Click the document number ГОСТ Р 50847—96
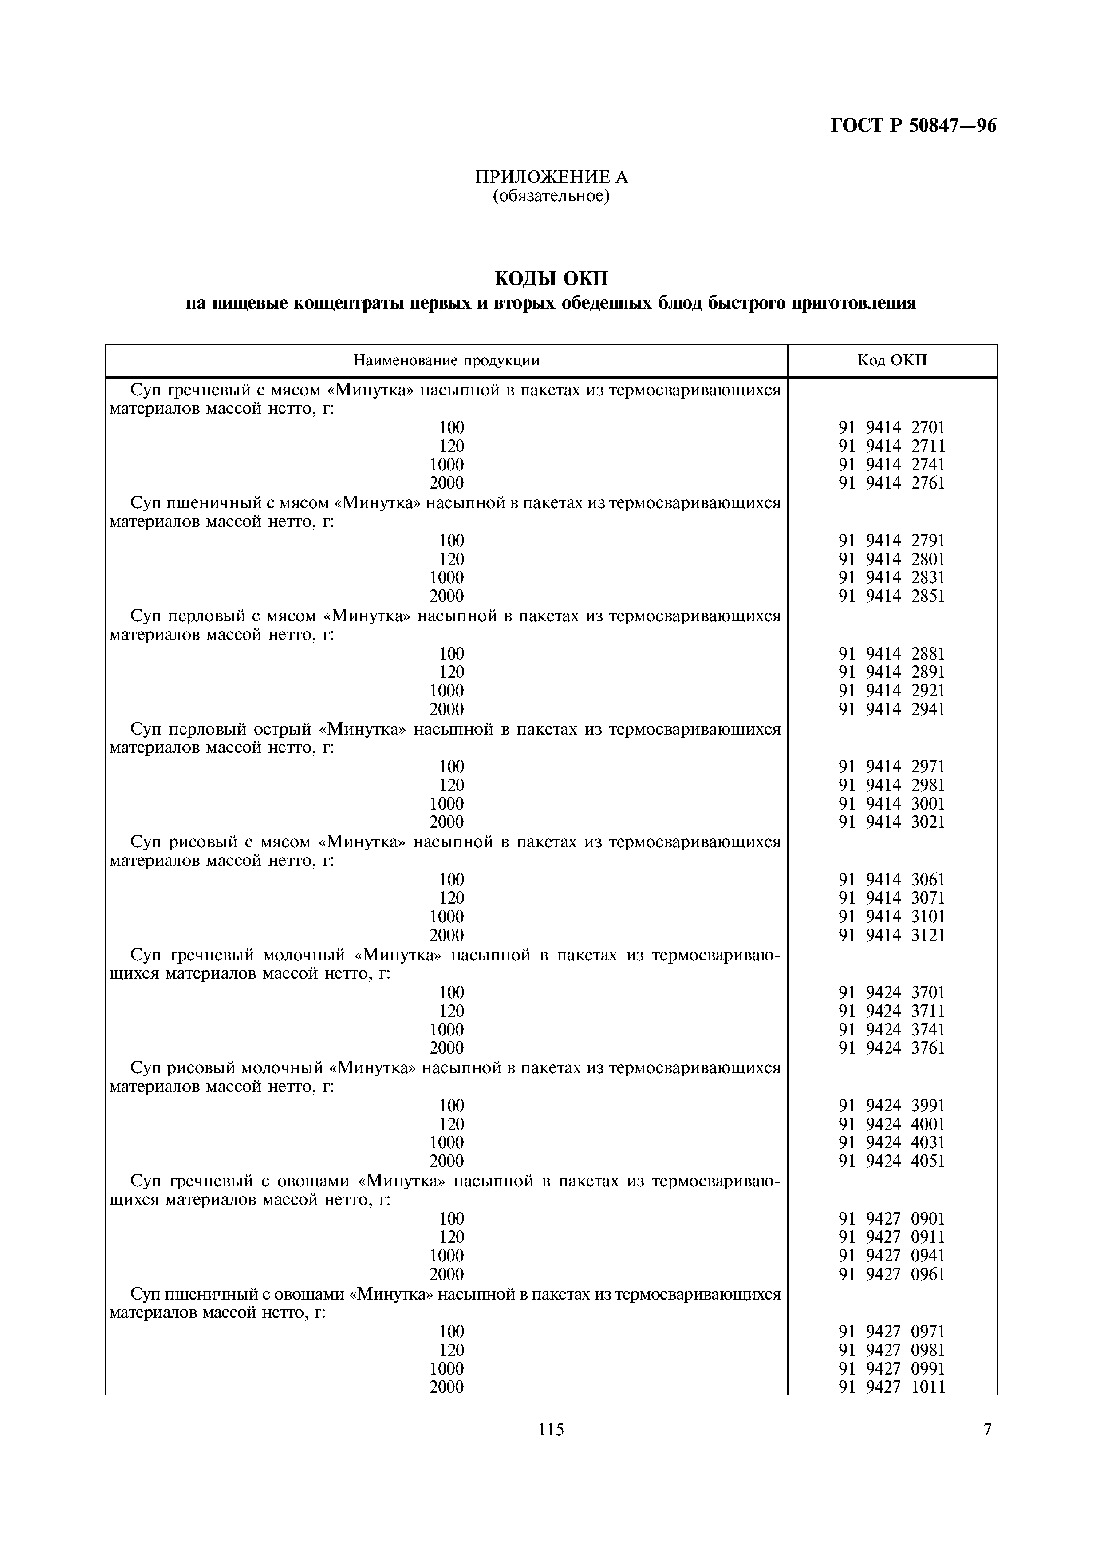[x=913, y=126]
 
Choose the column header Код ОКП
[x=891, y=361]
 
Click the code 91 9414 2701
[x=891, y=428]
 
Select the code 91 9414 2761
[x=891, y=483]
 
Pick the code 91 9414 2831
[x=891, y=578]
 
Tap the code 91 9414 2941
[x=891, y=709]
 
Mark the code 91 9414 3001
[x=891, y=804]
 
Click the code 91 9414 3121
[x=891, y=935]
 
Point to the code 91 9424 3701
[x=891, y=993]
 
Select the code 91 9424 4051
[x=891, y=1161]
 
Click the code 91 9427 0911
[x=891, y=1237]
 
